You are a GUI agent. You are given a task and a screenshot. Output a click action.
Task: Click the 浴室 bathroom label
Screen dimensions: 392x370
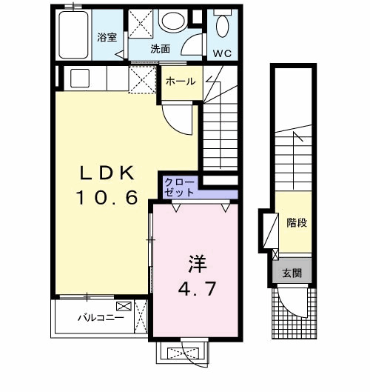pyautogui.click(x=107, y=37)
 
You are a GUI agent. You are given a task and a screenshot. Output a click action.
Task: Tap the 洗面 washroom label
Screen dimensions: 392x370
pyautogui.click(x=161, y=49)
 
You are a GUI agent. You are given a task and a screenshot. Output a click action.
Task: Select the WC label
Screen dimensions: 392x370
pyautogui.click(x=222, y=53)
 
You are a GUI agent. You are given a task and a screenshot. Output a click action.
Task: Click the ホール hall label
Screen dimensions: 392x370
pyautogui.click(x=180, y=82)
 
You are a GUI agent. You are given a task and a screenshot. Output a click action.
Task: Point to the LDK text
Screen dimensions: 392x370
pyautogui.click(x=107, y=173)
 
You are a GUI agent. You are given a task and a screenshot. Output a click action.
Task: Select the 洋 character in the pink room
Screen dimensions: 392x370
pyautogui.click(x=195, y=262)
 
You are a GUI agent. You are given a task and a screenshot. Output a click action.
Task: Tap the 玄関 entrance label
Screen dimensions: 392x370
pyautogui.click(x=292, y=273)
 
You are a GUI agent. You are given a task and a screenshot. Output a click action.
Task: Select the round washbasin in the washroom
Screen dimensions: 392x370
pyautogui.click(x=173, y=21)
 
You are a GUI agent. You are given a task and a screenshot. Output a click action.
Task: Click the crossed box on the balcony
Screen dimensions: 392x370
pyautogui.click(x=122, y=306)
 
